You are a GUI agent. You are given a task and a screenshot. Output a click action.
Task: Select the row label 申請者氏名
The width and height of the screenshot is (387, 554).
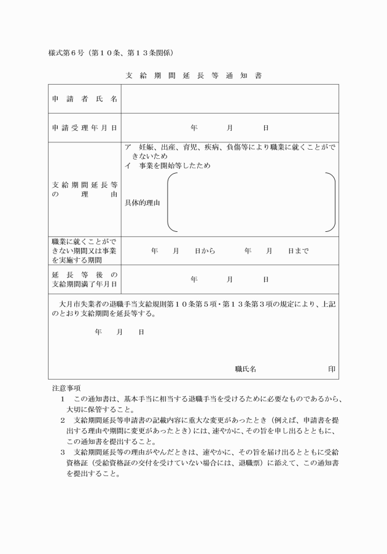[85, 99]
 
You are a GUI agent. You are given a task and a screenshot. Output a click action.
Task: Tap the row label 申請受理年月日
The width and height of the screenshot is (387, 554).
[85, 128]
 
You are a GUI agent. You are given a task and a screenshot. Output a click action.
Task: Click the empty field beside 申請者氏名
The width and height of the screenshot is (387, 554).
[229, 99]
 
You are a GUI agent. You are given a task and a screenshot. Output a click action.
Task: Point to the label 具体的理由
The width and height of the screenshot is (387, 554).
[143, 203]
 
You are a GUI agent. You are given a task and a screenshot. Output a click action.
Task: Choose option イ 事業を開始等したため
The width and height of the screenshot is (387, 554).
[167, 166]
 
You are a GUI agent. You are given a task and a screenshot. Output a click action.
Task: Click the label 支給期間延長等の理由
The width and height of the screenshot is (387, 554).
[85, 189]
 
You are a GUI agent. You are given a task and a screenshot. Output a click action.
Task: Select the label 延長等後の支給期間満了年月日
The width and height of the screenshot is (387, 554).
[85, 279]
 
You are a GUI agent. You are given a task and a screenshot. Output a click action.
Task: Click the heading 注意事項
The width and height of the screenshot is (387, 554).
[66, 388]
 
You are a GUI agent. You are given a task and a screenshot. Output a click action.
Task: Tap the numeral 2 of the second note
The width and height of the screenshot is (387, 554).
[63, 420]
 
